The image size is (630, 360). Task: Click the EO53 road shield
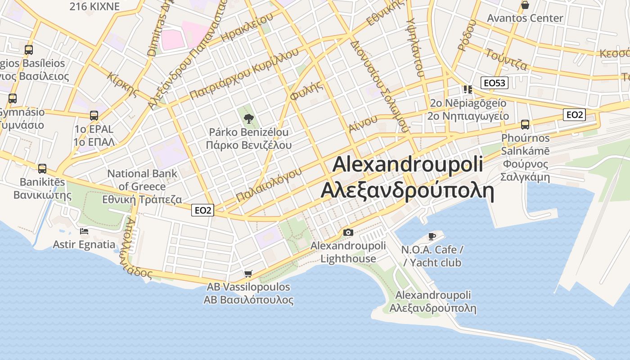point(494,83)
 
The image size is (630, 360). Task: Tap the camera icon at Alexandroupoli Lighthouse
point(348,233)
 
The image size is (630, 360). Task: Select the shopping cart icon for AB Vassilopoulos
point(248,274)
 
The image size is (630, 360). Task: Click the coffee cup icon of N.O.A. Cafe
point(432,236)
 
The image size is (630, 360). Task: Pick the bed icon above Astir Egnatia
point(84,231)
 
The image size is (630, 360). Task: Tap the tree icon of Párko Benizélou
point(248,119)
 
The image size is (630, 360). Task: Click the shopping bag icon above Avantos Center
point(525,5)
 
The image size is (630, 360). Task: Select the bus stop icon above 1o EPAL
point(94,116)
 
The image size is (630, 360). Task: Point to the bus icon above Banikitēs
point(42,169)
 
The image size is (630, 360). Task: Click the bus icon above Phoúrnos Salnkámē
point(525,125)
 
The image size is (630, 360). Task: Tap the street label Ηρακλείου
point(247,28)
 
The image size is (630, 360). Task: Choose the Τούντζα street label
point(507,59)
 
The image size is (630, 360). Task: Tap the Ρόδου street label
point(467,35)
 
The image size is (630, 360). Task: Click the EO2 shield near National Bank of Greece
point(202,210)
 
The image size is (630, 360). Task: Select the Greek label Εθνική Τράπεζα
point(142,199)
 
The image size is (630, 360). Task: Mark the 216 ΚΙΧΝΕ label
point(94,6)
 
